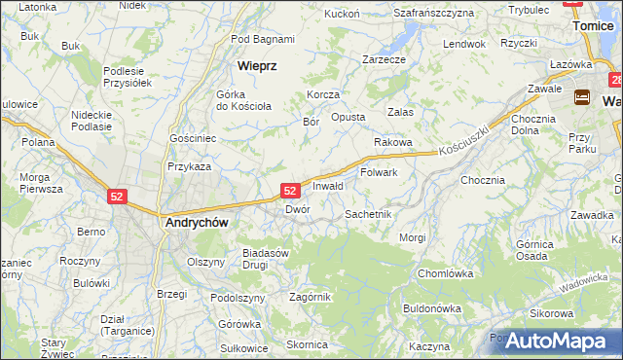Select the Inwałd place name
[x=328, y=186]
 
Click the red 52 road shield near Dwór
[x=290, y=192]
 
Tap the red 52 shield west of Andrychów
[x=117, y=196]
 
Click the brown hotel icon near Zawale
[x=582, y=96]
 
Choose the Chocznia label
[x=483, y=180]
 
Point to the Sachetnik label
[x=368, y=213]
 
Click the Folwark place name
[x=379, y=172]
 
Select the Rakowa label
[x=393, y=142]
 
